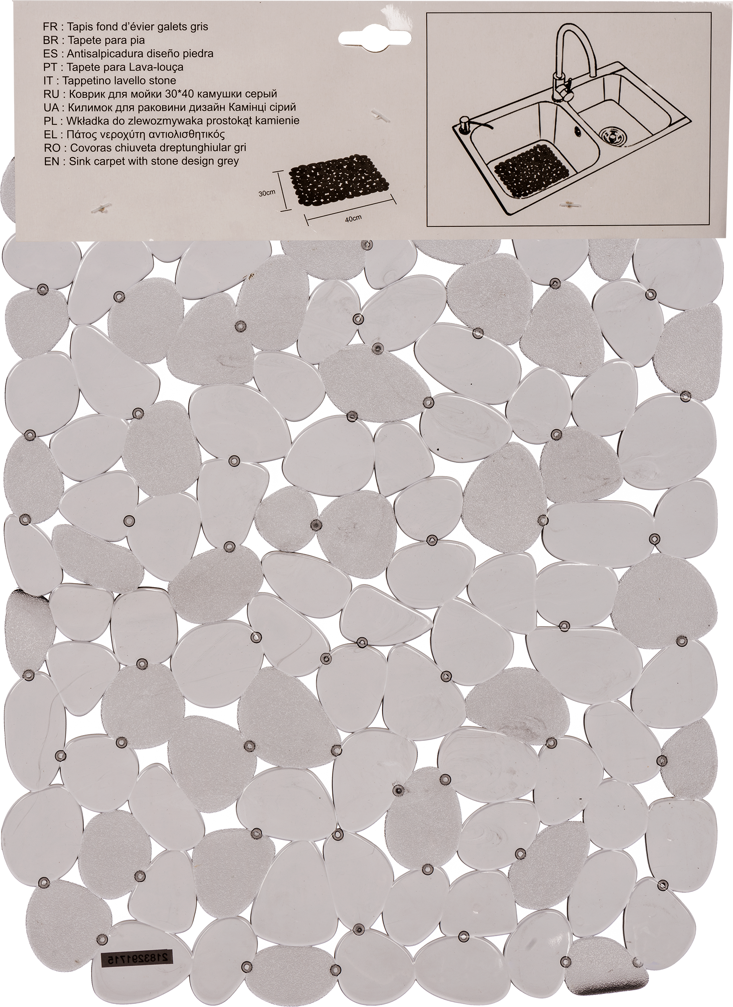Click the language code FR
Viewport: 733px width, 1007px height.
(51, 27)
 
